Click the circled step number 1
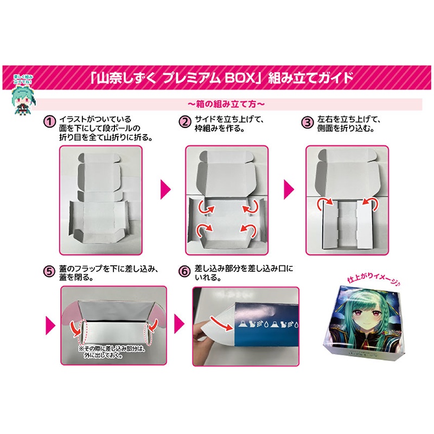pyautogui.click(x=49, y=120)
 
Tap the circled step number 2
pyautogui.click(x=186, y=120)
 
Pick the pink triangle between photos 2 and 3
pyautogui.click(x=289, y=188)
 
